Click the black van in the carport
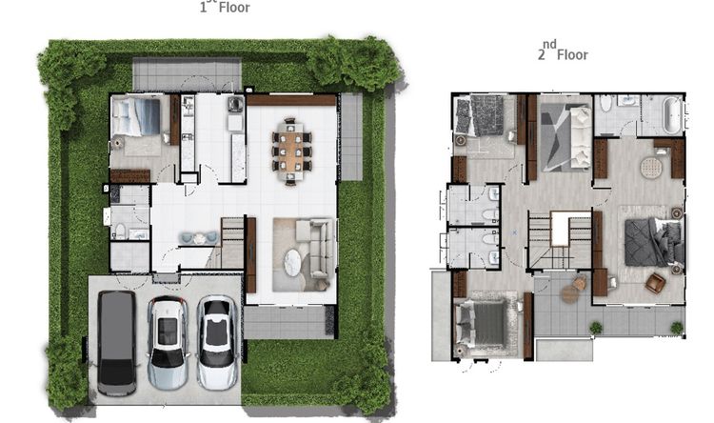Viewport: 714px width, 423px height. coord(116,343)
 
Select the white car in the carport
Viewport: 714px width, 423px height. coord(217,342)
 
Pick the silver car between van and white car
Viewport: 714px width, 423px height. coord(168,343)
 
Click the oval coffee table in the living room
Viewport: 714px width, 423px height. coord(293,263)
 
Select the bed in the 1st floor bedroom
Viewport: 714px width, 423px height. coord(136,116)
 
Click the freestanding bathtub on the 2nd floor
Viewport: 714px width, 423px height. coord(672,114)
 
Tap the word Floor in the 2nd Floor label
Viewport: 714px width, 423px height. coord(572,55)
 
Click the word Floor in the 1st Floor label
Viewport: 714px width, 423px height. coord(234,8)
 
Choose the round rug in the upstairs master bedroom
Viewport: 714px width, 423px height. coord(651,168)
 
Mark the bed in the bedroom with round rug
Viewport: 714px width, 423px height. coord(654,242)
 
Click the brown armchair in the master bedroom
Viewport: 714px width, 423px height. coord(655,283)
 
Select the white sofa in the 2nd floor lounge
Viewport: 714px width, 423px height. coord(581,137)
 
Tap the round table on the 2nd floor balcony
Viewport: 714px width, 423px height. coord(570,294)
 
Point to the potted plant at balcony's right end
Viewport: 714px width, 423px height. coord(677,328)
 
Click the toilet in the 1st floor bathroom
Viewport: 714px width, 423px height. coord(120,231)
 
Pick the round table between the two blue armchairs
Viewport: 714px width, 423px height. coord(200,238)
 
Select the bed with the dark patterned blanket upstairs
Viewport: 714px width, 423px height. coord(482,115)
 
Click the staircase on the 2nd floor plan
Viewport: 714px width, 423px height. coord(560,240)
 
